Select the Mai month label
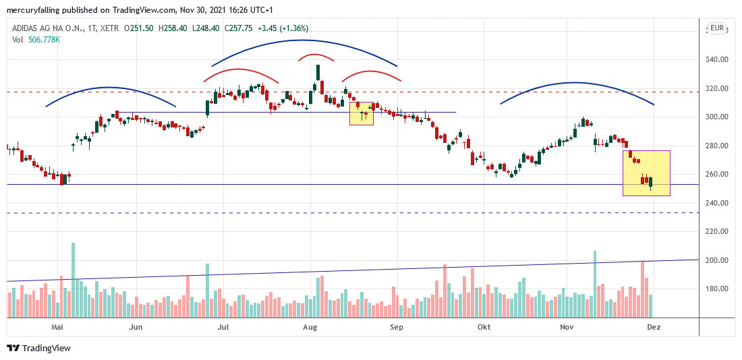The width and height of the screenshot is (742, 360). (57, 327)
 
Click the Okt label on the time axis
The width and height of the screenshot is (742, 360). (483, 327)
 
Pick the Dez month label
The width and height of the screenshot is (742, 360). (653, 327)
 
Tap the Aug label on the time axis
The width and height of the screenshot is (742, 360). (310, 327)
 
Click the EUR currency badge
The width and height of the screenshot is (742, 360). (716, 28)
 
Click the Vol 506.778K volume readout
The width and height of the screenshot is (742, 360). (36, 40)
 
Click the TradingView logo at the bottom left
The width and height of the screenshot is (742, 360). (38, 348)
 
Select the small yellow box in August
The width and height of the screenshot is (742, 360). (361, 113)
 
